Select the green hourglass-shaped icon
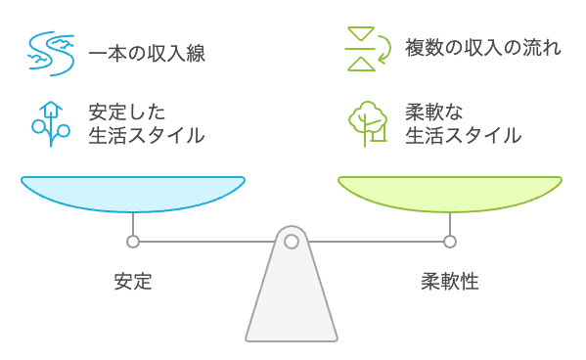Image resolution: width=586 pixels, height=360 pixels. pos(362,50)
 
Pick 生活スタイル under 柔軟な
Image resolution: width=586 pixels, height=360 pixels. pos(463,135)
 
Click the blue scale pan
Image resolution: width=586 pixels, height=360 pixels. pos(133,193)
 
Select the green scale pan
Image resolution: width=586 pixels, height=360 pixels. pos(450,193)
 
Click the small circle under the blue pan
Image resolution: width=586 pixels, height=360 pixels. pos(133,241)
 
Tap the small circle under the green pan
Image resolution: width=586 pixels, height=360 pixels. pos(450,241)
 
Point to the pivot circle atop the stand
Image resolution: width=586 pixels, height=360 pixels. pos(292,241)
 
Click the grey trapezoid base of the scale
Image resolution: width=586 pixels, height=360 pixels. pos(292,303)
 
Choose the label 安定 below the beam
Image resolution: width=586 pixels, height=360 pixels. pos(133,283)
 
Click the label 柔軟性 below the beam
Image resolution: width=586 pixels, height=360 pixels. pos(450,283)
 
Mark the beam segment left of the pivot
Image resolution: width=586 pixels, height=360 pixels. pos(205,241)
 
